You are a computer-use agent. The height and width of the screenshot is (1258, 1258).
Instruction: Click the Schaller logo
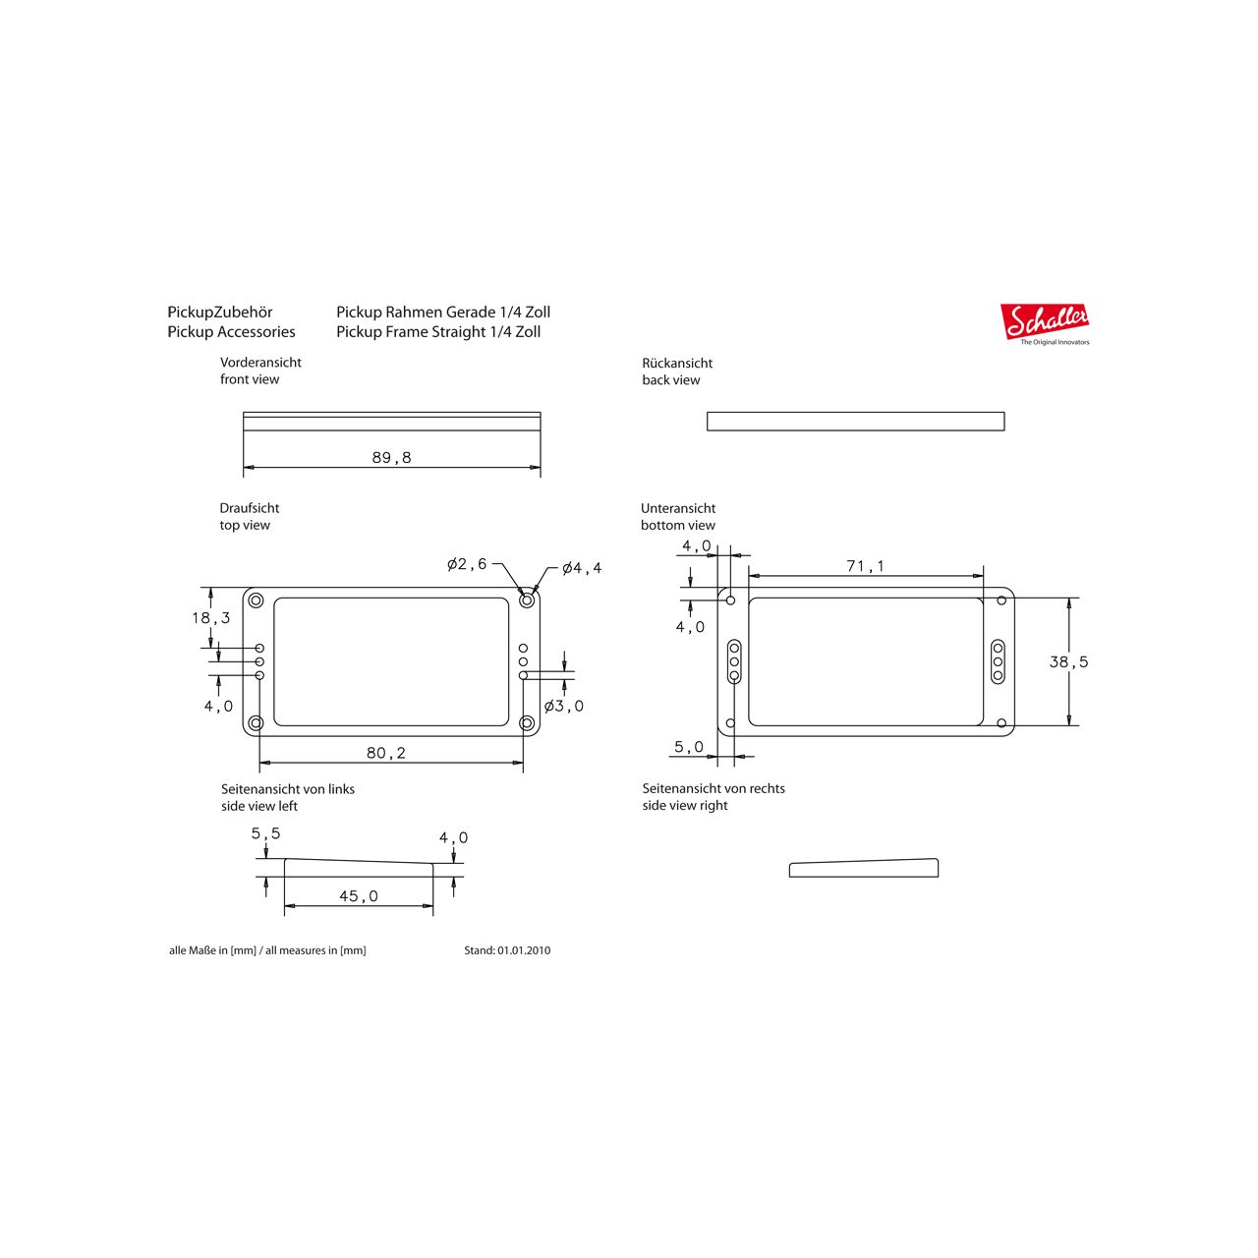click(1046, 322)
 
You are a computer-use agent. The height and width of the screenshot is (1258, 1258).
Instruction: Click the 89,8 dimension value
click(391, 458)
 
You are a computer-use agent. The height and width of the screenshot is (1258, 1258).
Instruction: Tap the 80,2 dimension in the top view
click(385, 753)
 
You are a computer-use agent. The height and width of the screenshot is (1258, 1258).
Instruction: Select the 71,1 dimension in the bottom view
click(865, 566)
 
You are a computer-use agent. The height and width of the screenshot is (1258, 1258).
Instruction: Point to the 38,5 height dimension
click(1068, 662)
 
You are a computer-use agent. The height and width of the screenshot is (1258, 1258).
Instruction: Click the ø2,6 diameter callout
click(466, 564)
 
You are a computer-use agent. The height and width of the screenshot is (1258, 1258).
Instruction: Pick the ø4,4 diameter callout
click(582, 568)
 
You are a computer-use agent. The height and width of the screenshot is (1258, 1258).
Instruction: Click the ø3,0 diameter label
click(564, 706)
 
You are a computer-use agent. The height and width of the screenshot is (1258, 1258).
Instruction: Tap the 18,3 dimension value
click(210, 618)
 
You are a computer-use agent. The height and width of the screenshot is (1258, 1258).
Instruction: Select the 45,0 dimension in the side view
click(358, 896)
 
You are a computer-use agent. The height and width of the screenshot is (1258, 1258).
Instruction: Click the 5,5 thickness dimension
click(265, 833)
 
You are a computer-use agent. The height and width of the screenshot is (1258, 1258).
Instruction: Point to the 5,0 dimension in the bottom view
click(688, 747)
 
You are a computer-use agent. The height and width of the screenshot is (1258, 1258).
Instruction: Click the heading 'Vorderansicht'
click(260, 363)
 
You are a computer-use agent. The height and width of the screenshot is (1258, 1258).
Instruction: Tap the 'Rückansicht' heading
click(677, 364)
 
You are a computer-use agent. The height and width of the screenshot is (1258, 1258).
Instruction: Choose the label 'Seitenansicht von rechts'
click(714, 788)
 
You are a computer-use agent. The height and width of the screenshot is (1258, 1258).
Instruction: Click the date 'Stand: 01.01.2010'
click(507, 950)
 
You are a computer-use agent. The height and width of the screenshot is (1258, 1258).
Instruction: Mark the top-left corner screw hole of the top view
click(256, 600)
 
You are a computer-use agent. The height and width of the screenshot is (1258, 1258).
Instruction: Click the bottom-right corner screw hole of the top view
click(528, 723)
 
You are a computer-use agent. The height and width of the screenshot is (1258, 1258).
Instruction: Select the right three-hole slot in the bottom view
click(998, 661)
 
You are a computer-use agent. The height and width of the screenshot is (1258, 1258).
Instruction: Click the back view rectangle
click(855, 422)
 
